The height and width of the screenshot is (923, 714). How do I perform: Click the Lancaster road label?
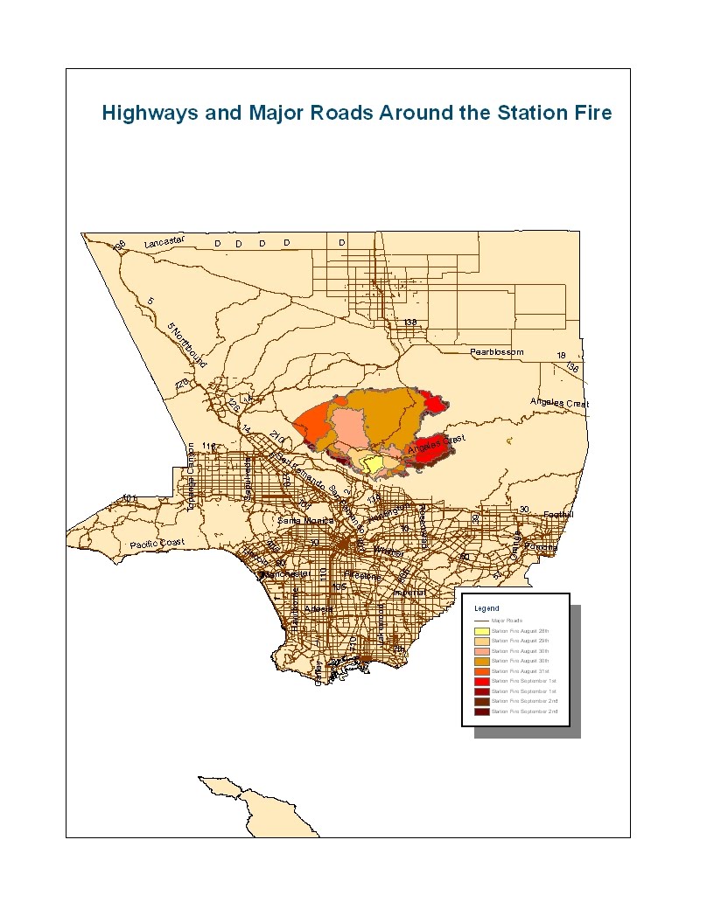pos(166,242)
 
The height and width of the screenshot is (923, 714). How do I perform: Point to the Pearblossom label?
pos(497,352)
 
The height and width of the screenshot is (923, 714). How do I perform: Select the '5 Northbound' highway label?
pos(185,344)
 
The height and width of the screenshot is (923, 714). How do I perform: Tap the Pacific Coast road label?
pos(158,545)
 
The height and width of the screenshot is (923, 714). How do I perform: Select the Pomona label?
pos(541,547)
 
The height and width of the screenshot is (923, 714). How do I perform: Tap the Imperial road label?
pos(409,593)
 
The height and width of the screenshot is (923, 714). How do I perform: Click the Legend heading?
pos(486,607)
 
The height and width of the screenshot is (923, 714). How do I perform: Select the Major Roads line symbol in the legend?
pos(481,620)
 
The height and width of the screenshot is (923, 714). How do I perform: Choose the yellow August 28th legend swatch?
pos(481,630)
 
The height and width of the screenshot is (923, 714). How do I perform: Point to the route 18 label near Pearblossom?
pos(562,356)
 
